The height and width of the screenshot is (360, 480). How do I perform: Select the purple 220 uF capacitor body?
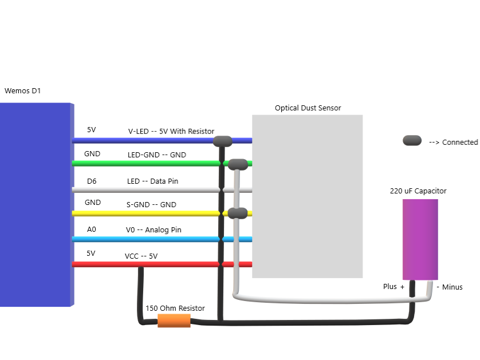click(x=420, y=239)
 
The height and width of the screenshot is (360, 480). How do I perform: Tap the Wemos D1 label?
click(x=23, y=91)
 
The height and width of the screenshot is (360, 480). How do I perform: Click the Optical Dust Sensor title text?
click(x=308, y=108)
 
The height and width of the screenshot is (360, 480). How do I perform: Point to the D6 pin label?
click(x=92, y=181)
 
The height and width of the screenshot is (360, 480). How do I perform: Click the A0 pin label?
click(x=92, y=229)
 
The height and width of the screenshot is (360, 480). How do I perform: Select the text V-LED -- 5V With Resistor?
click(x=171, y=132)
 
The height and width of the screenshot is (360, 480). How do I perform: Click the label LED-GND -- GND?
click(x=156, y=155)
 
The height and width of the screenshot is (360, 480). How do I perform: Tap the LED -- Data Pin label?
click(x=152, y=181)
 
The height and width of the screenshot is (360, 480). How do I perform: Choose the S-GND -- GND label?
click(x=151, y=205)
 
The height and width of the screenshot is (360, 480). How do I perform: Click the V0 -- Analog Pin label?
click(x=153, y=230)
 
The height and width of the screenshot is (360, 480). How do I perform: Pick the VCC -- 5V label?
click(x=141, y=256)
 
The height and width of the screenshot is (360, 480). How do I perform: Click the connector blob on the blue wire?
click(x=222, y=141)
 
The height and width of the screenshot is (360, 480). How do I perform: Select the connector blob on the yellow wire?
click(x=237, y=213)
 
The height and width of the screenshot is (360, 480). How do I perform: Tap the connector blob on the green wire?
click(x=237, y=165)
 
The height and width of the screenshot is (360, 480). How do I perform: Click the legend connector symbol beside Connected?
click(x=412, y=141)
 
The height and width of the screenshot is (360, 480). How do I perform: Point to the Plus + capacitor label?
click(x=394, y=287)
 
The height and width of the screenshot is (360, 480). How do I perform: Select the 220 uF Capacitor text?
click(x=418, y=191)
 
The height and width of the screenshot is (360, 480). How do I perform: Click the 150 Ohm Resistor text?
click(x=175, y=308)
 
